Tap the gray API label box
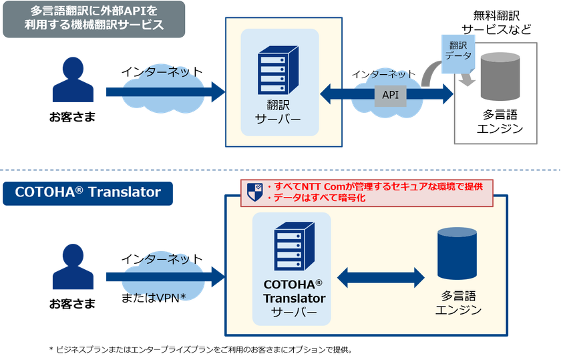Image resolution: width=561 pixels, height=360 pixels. point(390,95)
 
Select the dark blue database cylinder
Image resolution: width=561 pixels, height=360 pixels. point(457,254)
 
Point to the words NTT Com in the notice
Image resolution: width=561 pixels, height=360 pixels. point(319,185)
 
